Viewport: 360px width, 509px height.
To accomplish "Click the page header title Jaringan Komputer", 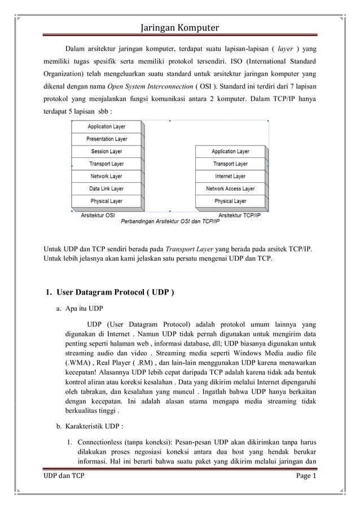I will (x=179, y=28).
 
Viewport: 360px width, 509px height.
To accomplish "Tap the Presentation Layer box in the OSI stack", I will (x=107, y=139).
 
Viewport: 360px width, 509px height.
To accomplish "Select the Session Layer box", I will (x=107, y=151).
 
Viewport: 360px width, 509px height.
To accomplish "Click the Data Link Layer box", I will (x=107, y=188).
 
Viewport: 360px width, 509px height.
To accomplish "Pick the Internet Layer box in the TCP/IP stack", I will (x=230, y=176).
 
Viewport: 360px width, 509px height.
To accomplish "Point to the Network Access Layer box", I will (x=230, y=188).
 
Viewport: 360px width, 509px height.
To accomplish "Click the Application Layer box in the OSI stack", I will (x=107, y=126).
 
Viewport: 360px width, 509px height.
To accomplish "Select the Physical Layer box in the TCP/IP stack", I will (x=230, y=201).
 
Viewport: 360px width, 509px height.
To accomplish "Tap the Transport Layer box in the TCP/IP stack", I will (x=230, y=164).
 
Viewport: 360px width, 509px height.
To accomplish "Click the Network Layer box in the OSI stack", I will (x=107, y=176).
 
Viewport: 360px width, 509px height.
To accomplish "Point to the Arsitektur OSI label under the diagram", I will (x=98, y=215).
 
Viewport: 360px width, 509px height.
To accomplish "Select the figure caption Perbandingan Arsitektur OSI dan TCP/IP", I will (x=170, y=221).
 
